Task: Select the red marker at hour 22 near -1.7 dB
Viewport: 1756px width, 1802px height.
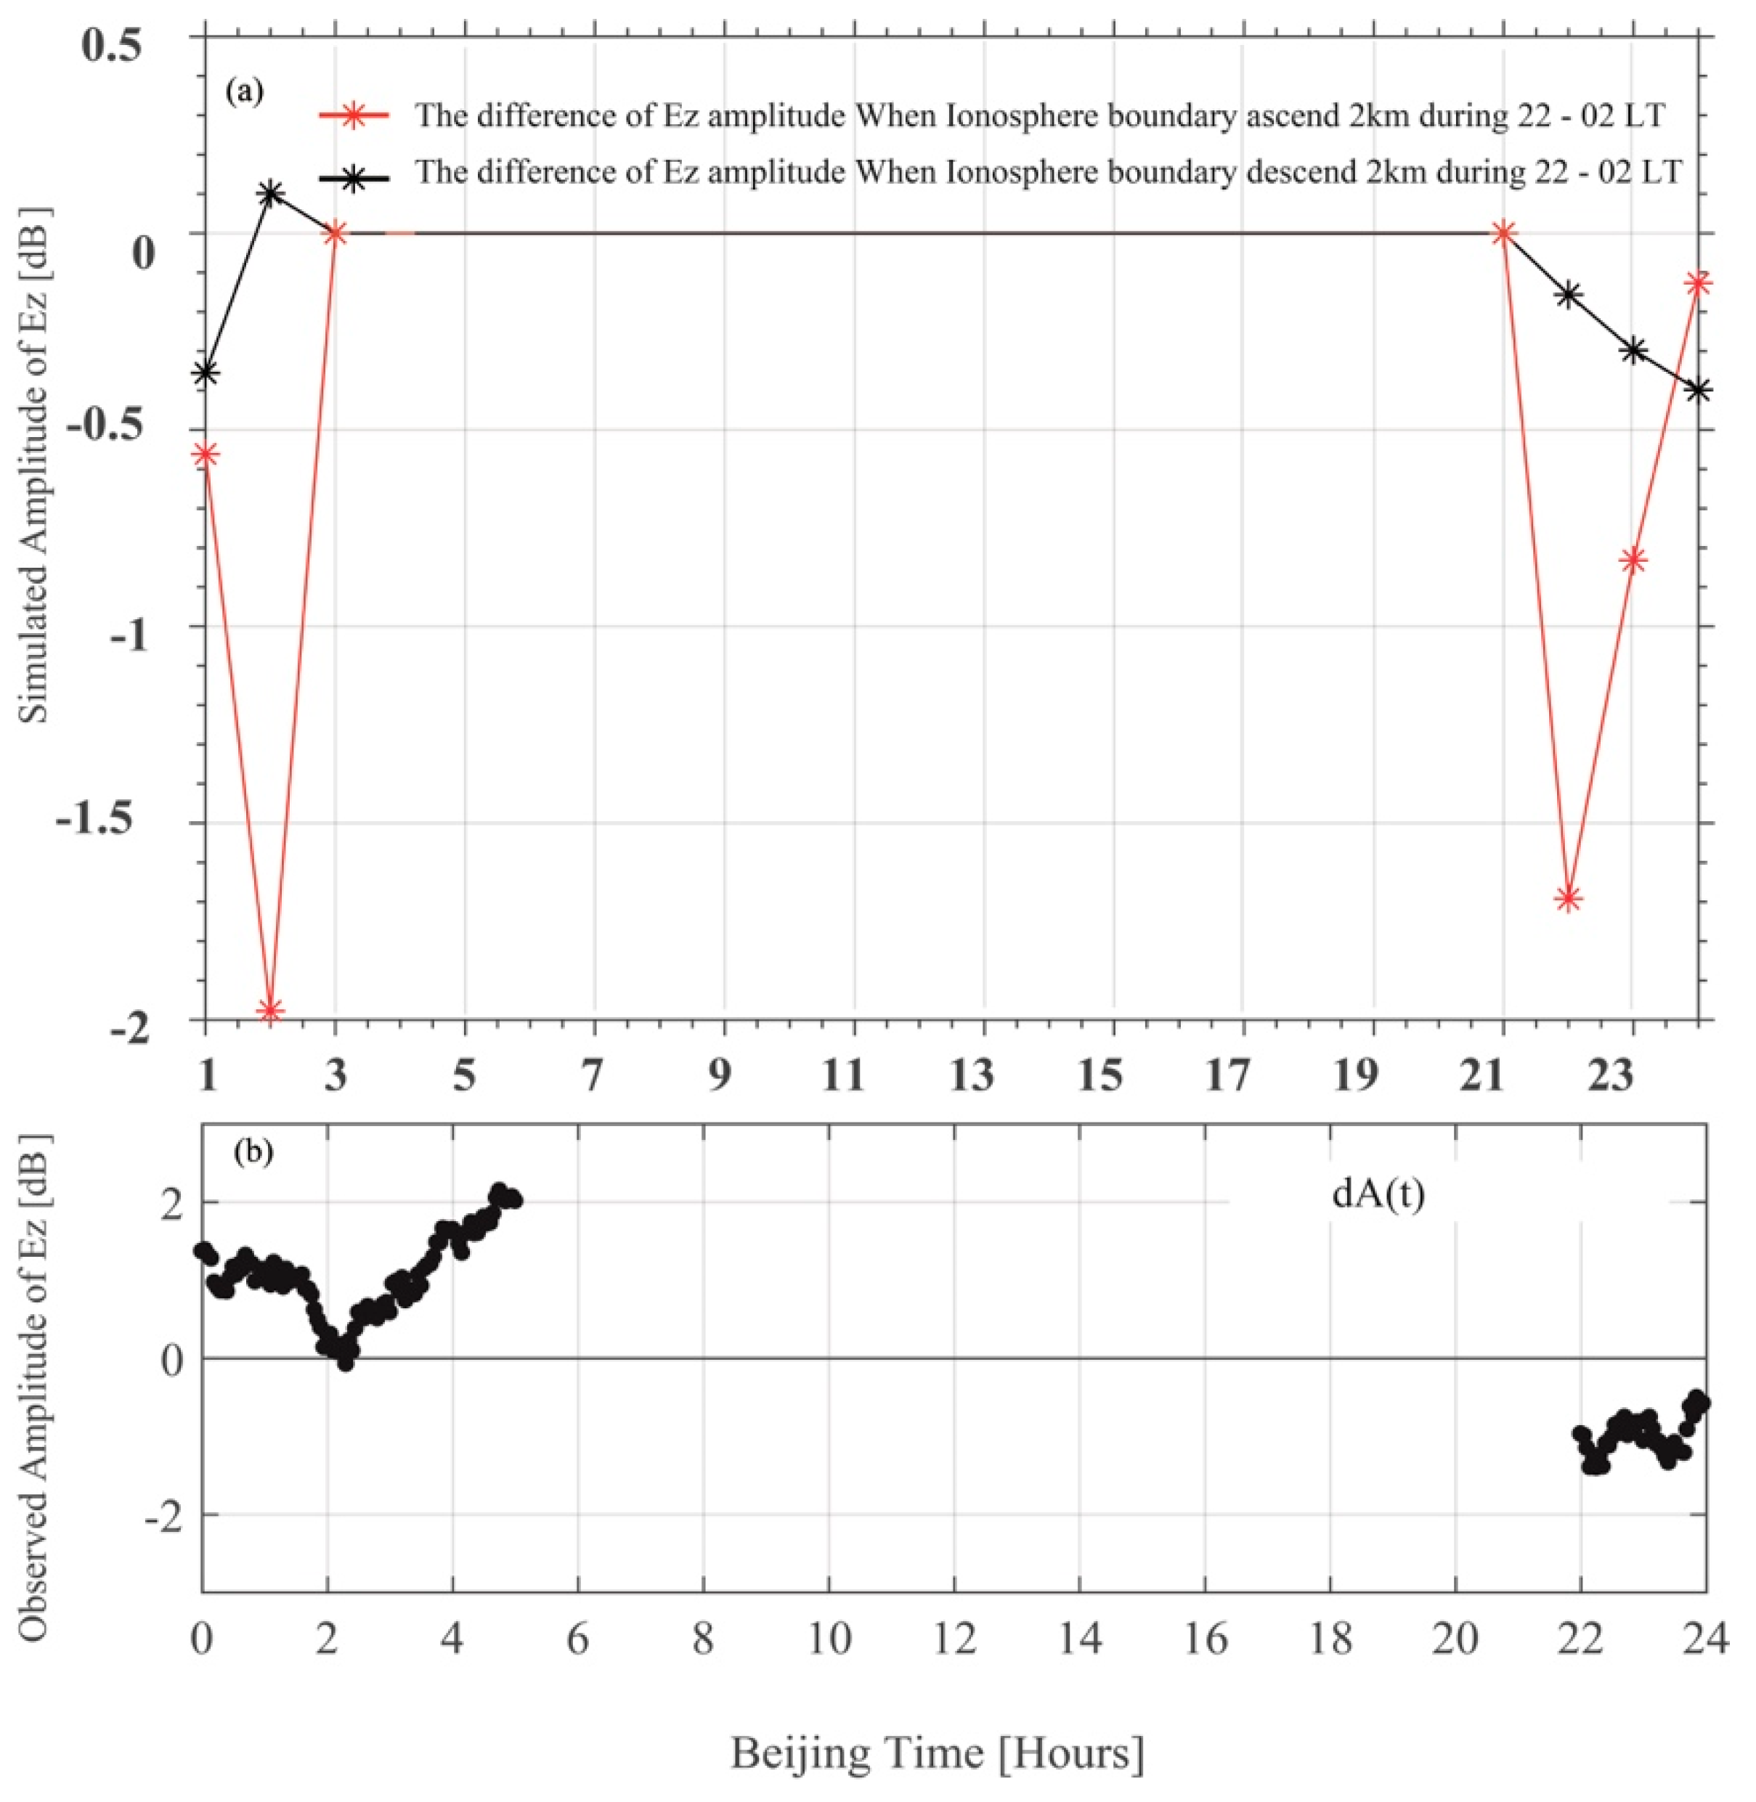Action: click(x=1568, y=898)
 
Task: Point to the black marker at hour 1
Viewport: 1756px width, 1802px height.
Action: click(x=206, y=372)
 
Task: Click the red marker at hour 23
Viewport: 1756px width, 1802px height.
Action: click(x=1633, y=560)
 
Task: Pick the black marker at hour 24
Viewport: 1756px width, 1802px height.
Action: click(x=1698, y=389)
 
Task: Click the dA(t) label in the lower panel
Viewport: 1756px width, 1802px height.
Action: click(x=1378, y=1194)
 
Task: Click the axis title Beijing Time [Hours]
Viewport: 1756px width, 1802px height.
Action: click(x=937, y=1750)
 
